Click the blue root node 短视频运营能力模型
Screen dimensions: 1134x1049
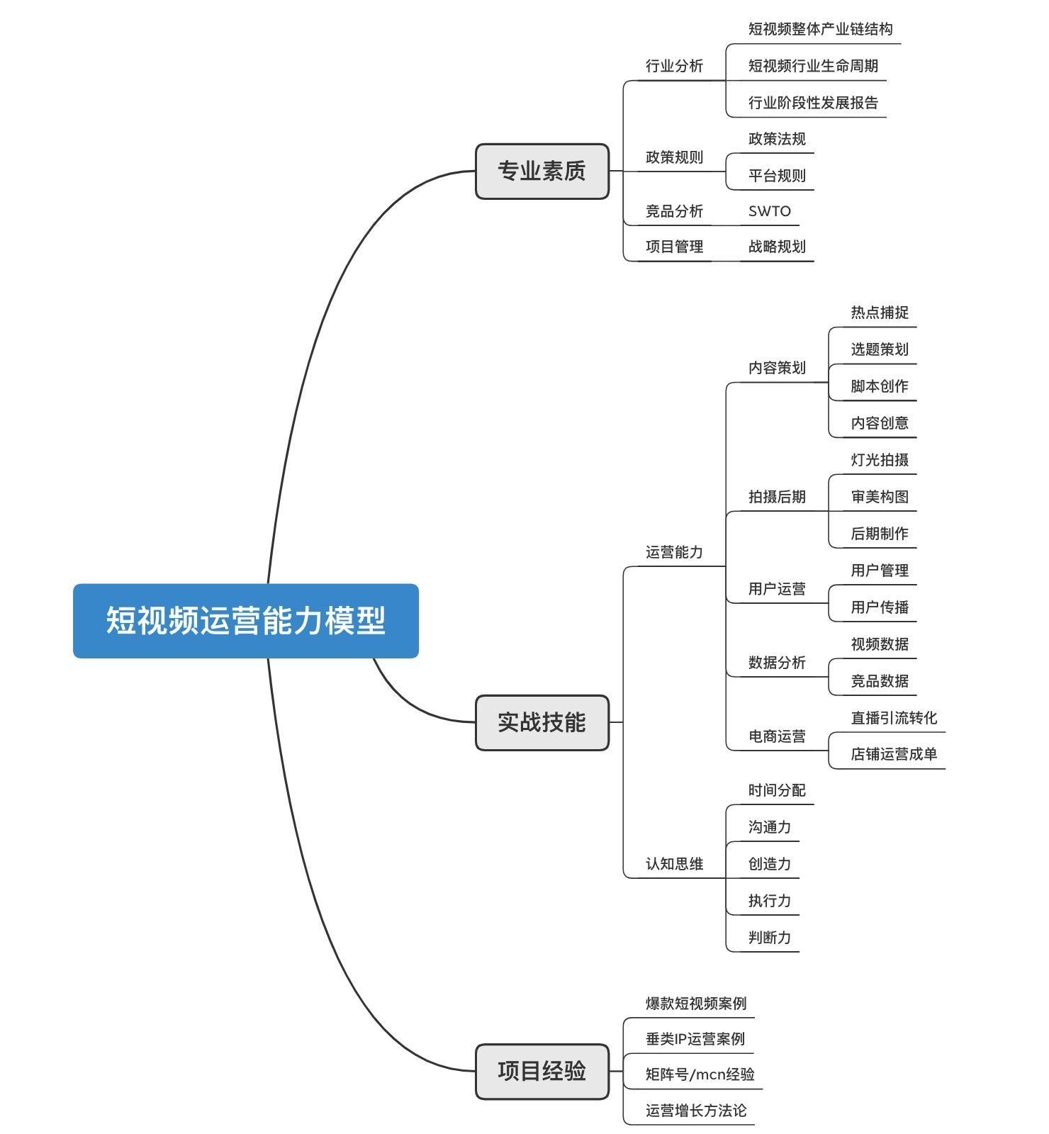pyautogui.click(x=245, y=621)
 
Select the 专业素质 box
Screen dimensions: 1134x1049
pyautogui.click(x=542, y=172)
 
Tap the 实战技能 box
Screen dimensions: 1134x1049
pyautogui.click(x=542, y=722)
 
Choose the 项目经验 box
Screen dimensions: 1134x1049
pyautogui.click(x=542, y=1071)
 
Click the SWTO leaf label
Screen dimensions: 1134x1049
pyautogui.click(x=769, y=211)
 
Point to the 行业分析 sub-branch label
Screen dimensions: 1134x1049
pyautogui.click(x=673, y=66)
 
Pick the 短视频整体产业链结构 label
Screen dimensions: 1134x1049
pyautogui.click(x=820, y=29)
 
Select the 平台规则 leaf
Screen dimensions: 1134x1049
pyautogui.click(x=777, y=176)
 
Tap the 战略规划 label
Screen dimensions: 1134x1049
pyautogui.click(x=777, y=247)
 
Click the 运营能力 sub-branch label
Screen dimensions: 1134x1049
pyautogui.click(x=673, y=552)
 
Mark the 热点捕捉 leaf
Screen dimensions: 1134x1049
pyautogui.click(x=879, y=313)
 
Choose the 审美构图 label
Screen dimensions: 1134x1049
pyautogui.click(x=879, y=497)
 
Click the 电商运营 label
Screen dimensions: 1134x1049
pyautogui.click(x=777, y=736)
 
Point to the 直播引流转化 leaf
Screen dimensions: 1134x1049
pyautogui.click(x=893, y=718)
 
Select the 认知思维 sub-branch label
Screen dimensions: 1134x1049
pyautogui.click(x=673, y=864)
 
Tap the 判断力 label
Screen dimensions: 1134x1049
pyautogui.click(x=769, y=938)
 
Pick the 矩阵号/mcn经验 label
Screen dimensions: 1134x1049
pyautogui.click(x=700, y=1074)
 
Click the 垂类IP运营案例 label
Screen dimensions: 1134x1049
pyautogui.click(x=695, y=1039)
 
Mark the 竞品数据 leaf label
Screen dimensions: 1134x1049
pyautogui.click(x=879, y=681)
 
